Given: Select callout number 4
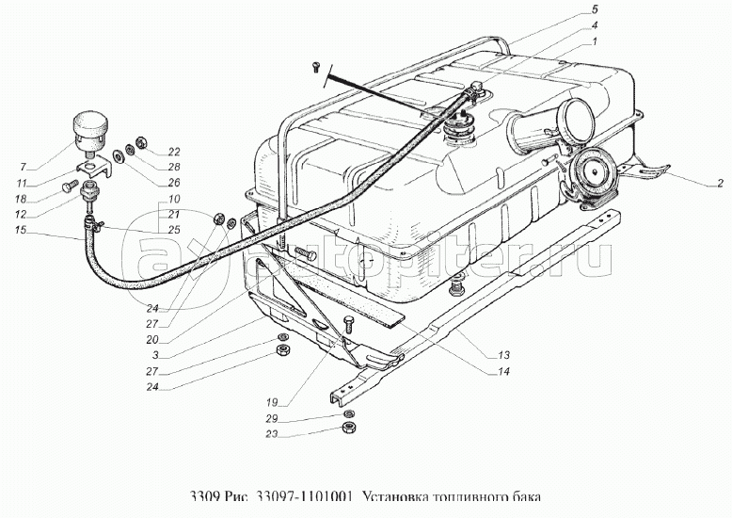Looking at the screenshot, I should point(582,26).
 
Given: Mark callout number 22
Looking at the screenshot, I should point(174,152).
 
